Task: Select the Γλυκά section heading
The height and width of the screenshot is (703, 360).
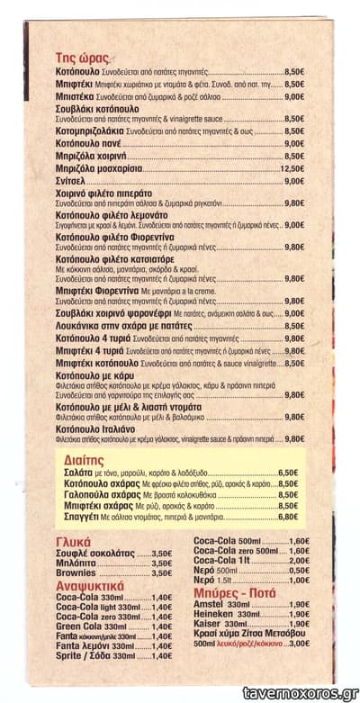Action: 76,542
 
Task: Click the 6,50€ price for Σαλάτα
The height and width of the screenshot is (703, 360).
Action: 287,472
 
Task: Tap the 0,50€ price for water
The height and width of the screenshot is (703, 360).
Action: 298,571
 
